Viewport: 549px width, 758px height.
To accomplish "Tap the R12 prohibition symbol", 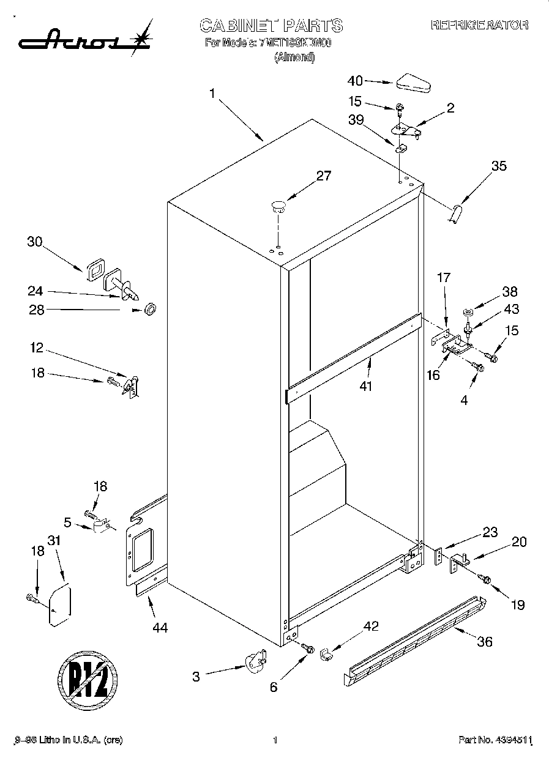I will tap(88, 678).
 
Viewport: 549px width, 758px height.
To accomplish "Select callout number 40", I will tap(355, 80).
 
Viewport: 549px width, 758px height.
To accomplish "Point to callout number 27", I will tap(323, 176).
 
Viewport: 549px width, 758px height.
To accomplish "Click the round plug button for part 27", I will tap(278, 206).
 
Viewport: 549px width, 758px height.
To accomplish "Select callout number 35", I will tap(499, 165).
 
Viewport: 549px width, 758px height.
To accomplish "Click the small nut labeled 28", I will tap(149, 310).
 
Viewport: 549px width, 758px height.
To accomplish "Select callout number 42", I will tap(372, 626).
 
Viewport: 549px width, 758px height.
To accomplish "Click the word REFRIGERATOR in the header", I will tap(479, 25).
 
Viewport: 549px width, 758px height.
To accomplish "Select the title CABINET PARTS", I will tap(271, 25).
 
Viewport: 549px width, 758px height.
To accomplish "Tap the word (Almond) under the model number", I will tap(294, 58).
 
